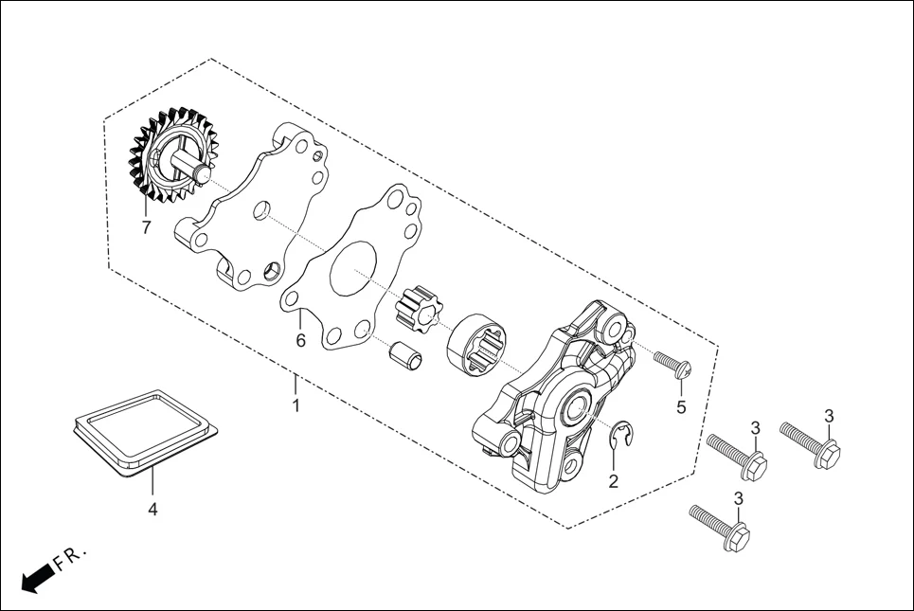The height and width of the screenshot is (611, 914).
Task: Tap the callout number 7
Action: (x=146, y=228)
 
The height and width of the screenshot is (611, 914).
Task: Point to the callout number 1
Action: (x=296, y=406)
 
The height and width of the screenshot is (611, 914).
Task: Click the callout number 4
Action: (x=152, y=510)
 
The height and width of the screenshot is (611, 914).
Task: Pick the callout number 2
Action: (x=613, y=481)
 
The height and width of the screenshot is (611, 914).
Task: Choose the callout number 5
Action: (x=680, y=408)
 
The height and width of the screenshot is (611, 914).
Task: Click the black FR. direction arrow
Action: (x=36, y=577)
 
